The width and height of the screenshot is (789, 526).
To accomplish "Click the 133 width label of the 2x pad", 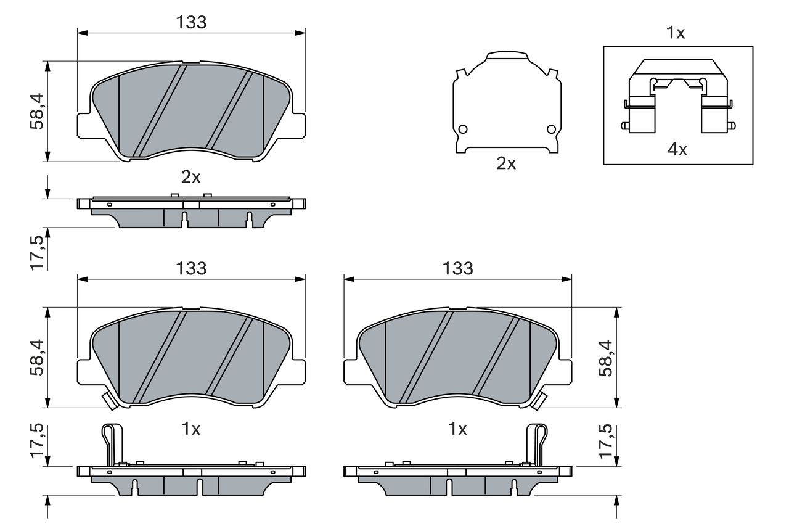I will click(x=191, y=22).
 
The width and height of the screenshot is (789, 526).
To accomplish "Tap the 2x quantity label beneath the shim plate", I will click(x=506, y=163).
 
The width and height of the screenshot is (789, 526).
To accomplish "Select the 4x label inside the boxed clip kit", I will click(x=677, y=149).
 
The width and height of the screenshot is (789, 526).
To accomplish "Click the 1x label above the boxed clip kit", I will click(x=676, y=33).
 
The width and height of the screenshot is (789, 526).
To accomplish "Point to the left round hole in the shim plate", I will click(x=463, y=129).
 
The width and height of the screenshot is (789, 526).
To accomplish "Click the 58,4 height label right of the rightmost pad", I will click(x=607, y=358).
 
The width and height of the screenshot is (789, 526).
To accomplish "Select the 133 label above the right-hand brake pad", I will click(x=457, y=268).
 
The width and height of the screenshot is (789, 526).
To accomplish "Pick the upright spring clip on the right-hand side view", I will click(x=538, y=444).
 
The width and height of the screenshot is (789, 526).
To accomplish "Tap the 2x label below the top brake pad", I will click(x=191, y=178).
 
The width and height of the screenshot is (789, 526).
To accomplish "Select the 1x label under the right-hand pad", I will click(x=457, y=429).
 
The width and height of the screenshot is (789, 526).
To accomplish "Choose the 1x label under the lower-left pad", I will click(x=191, y=429).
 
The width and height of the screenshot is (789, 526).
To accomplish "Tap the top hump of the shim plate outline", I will click(x=507, y=55).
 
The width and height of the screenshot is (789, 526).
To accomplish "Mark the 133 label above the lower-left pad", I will click(x=191, y=268).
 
